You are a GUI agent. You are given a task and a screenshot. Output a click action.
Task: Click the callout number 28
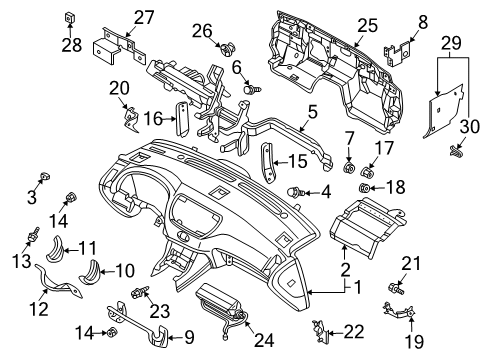[x=71, y=45]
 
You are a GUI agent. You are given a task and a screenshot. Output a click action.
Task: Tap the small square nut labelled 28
[x=69, y=18]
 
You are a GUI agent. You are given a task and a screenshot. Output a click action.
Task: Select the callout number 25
[x=368, y=25]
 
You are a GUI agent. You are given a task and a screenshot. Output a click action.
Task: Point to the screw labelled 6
[x=253, y=89]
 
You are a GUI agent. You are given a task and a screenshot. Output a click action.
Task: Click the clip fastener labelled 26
[x=228, y=49]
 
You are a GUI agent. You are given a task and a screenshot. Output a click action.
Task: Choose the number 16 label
[x=153, y=118]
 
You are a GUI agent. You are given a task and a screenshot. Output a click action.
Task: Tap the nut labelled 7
[x=349, y=168]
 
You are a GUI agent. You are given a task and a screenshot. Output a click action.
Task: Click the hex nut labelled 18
[x=364, y=188]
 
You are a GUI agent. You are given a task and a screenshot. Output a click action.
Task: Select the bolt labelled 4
[x=296, y=192]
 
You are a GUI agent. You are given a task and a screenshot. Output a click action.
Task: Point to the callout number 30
[x=470, y=127]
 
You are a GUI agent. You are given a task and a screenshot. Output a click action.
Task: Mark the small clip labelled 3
[x=44, y=176]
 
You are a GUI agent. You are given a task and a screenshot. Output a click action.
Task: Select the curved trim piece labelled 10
[x=89, y=272]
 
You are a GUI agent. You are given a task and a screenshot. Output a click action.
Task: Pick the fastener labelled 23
[x=140, y=292]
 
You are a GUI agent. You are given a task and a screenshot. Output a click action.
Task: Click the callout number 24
[x=264, y=340]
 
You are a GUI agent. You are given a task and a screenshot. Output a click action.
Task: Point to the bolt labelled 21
[x=396, y=288]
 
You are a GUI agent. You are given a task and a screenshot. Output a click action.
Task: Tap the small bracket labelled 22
[x=319, y=331]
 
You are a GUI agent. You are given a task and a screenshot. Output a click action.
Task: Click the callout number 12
[x=39, y=308]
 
